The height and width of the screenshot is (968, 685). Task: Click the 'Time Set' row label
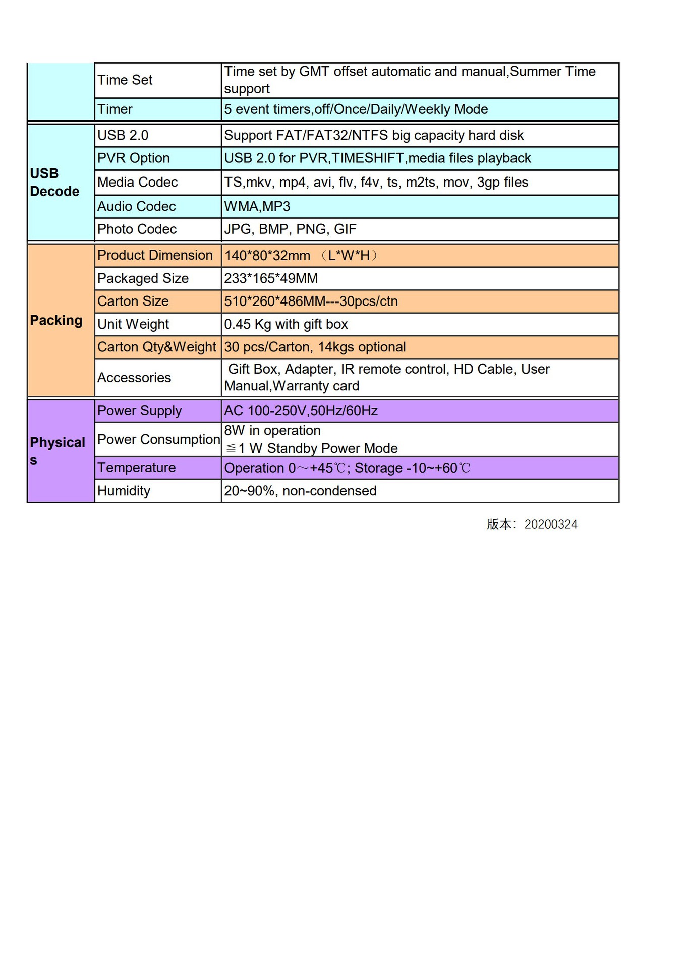click(x=125, y=80)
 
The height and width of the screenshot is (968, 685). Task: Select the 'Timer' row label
click(x=115, y=109)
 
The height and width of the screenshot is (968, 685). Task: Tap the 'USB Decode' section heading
click(x=54, y=183)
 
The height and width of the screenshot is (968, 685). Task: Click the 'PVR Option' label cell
click(x=133, y=158)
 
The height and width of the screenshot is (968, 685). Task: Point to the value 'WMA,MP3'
click(x=257, y=207)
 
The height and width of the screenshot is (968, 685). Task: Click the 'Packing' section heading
click(x=56, y=321)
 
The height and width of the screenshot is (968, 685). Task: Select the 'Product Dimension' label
click(x=155, y=256)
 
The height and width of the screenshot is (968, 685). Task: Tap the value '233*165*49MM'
click(x=271, y=279)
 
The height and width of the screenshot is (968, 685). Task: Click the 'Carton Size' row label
click(x=133, y=301)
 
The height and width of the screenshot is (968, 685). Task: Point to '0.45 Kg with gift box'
click(x=286, y=324)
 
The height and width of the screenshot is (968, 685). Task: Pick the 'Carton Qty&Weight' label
click(x=156, y=347)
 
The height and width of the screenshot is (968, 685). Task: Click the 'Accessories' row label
click(x=134, y=378)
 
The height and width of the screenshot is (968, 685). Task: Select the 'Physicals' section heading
click(x=57, y=451)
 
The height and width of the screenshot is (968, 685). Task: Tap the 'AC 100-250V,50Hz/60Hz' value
click(x=301, y=411)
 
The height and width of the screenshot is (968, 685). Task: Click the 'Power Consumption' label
click(x=158, y=440)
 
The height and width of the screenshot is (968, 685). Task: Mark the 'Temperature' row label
click(x=136, y=468)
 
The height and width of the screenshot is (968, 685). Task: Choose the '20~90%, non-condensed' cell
click(x=300, y=491)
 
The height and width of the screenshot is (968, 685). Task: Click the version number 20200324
click(x=551, y=525)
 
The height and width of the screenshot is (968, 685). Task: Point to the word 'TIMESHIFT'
click(x=368, y=158)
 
